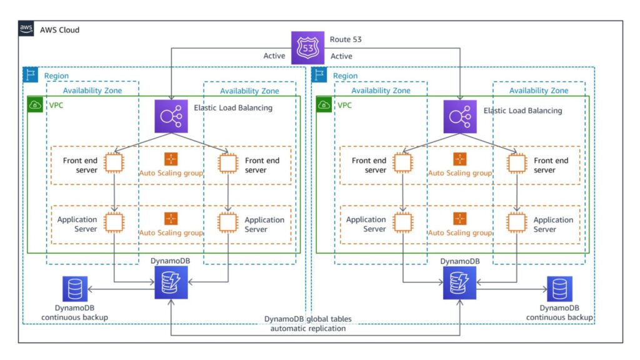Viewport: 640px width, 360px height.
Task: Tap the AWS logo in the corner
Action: [26, 29]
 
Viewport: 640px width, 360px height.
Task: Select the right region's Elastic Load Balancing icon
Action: [460, 116]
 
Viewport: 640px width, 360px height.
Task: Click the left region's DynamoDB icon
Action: [171, 282]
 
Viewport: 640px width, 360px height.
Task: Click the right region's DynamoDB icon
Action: [460, 282]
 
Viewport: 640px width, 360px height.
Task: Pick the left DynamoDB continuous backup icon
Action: [75, 289]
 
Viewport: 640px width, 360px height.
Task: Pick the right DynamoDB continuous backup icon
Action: [559, 289]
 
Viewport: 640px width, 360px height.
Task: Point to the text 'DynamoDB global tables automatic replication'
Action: [307, 324]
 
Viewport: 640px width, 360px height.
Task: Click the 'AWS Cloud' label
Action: [59, 30]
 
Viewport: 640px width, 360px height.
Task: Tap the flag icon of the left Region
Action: [30, 75]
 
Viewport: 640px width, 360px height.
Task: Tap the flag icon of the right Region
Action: [319, 75]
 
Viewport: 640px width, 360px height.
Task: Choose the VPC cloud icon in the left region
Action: [36, 104]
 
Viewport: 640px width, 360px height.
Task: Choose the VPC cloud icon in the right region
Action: [325, 104]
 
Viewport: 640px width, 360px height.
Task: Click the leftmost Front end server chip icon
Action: [113, 162]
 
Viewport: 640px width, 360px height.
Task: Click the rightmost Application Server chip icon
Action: [516, 222]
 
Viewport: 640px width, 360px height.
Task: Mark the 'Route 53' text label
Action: [346, 40]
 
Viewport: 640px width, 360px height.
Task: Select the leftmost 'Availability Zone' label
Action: [92, 91]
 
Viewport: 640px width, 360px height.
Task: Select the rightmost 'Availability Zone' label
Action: [539, 91]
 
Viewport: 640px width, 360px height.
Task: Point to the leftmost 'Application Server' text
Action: [77, 224]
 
